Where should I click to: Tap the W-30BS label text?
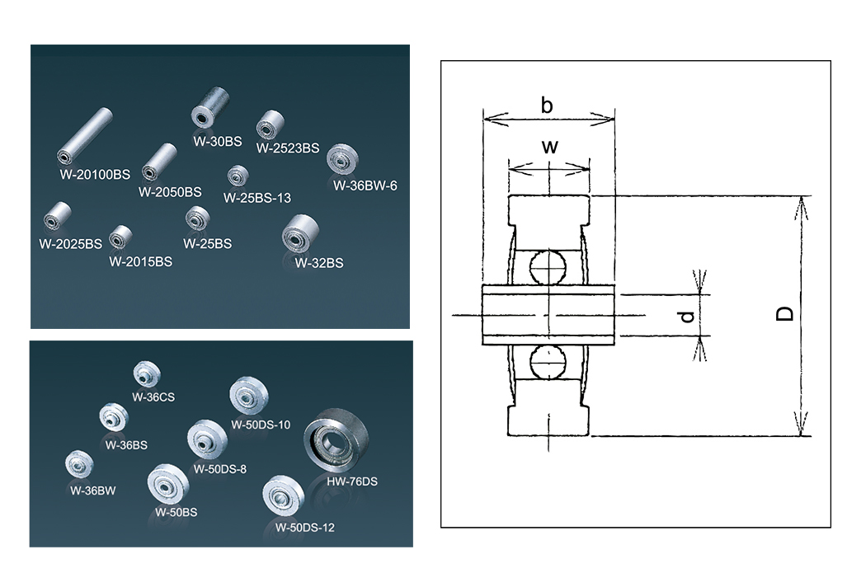pyautogui.click(x=217, y=141)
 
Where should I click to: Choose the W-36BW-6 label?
pyautogui.click(x=365, y=185)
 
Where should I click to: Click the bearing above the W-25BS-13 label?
pyautogui.click(x=238, y=176)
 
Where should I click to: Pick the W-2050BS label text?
pyautogui.click(x=170, y=191)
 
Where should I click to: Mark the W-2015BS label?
pyautogui.click(x=140, y=262)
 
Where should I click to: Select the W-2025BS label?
pyautogui.click(x=70, y=244)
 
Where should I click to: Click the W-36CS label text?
pyautogui.click(x=153, y=396)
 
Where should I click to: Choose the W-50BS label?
pyautogui.click(x=176, y=512)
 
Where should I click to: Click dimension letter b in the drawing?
pyautogui.click(x=546, y=105)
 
